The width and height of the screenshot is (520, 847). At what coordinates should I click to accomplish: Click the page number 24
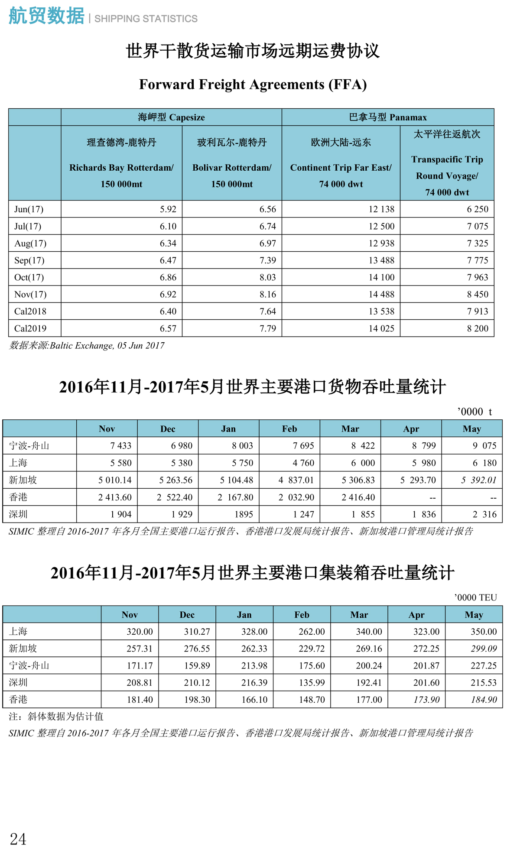coord(18,839)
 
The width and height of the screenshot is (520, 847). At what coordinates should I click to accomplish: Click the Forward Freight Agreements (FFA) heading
coord(253,84)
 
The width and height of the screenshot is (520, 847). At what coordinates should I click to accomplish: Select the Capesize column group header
coord(171,117)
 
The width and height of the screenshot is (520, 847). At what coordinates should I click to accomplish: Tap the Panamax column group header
coord(388,117)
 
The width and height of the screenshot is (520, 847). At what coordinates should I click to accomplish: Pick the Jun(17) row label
coord(29,209)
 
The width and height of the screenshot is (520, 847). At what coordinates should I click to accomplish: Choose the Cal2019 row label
coord(30,328)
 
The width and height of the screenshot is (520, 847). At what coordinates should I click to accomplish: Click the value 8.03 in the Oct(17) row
coord(267,277)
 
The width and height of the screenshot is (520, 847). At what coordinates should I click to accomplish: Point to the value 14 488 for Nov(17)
coord(381,294)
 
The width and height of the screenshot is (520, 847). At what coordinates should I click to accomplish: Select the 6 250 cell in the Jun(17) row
coord(477,209)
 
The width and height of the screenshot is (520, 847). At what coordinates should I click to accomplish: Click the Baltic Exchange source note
coord(87,346)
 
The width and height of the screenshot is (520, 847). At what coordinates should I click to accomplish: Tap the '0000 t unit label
coord(474,412)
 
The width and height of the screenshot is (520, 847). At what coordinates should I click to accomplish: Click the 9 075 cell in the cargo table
coord(484,446)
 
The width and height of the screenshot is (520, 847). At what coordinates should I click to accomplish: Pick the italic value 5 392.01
coord(478,480)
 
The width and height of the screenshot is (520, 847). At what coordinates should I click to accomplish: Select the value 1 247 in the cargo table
coord(303,514)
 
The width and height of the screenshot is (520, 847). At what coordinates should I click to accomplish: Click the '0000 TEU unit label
coord(475,597)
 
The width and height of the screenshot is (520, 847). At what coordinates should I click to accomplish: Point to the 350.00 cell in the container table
coord(484,632)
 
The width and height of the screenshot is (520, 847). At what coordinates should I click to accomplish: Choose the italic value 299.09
coord(484,649)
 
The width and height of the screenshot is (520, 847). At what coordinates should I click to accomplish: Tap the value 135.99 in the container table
coord(312,683)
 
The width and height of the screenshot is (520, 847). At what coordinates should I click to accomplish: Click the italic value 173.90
coord(426,700)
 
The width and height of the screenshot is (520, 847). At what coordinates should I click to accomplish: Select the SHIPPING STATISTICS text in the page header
coord(146,19)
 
